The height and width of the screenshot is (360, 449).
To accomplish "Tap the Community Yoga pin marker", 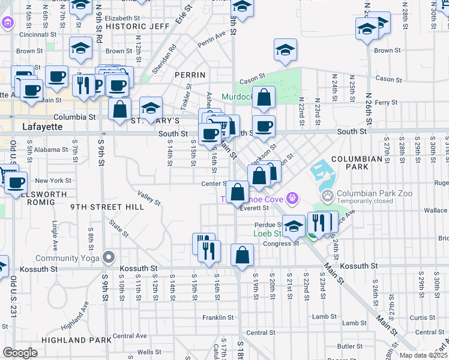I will click(109, 257).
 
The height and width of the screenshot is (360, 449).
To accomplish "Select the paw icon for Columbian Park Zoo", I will click(328, 195).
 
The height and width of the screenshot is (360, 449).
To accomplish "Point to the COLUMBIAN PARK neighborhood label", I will click(357, 159).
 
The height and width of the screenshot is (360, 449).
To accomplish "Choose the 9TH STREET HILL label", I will click(106, 207).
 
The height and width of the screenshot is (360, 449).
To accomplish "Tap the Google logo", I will click(20, 352).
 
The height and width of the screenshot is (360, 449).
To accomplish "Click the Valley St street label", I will click(148, 199).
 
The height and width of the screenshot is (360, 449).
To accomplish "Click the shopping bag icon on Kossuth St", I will click(242, 254).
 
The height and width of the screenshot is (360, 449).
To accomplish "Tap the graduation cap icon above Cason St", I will click(286, 50).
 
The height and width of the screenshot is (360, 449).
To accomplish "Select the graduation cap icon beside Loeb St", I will click(294, 226).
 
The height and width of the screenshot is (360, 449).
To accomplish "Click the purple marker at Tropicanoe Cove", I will click(292, 196).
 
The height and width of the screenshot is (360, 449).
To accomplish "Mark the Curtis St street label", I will click(423, 317).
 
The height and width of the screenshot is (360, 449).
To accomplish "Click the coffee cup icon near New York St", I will click(17, 182).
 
